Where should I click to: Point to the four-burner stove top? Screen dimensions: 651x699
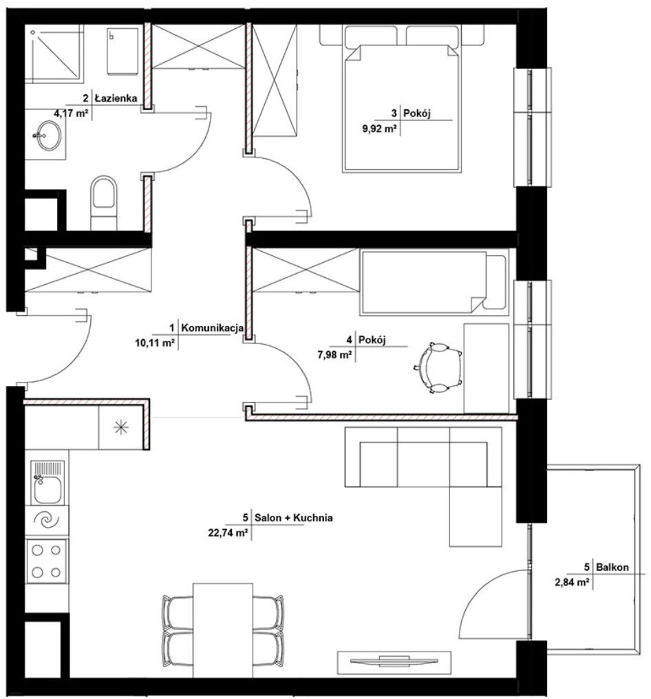47,561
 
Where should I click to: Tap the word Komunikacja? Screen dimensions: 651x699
213,328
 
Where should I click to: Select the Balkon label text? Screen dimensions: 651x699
612,567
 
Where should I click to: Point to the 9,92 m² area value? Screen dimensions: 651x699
379,129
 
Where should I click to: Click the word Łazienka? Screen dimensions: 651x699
116,98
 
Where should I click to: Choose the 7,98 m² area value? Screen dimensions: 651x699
335,355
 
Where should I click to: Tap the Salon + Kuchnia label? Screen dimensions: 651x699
293,517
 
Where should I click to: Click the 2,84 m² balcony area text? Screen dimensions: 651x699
573,582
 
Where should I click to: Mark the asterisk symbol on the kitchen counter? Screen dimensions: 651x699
121,428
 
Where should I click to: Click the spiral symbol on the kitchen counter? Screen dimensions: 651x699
47,520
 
